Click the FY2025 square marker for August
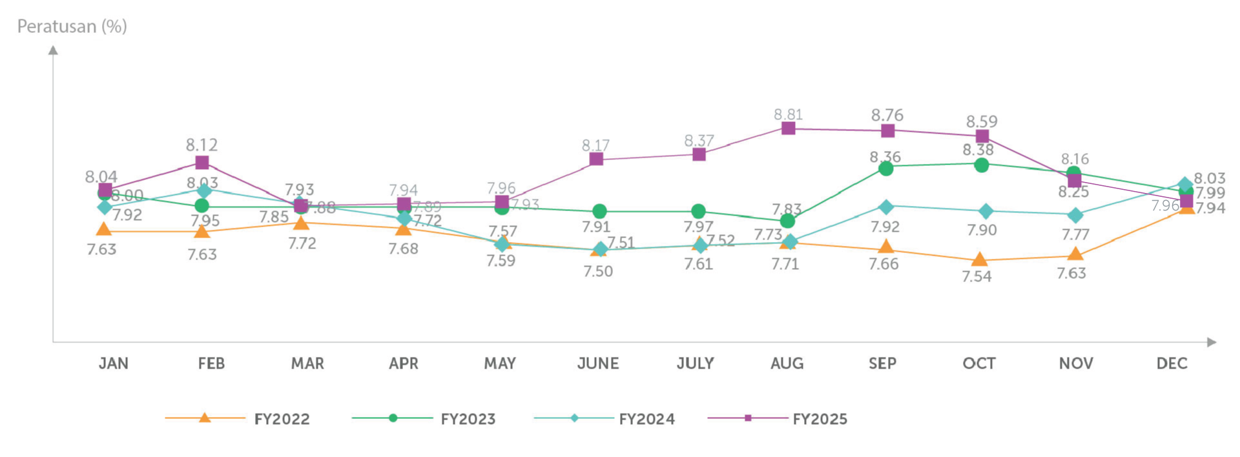click(x=788, y=128)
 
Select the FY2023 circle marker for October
click(x=981, y=165)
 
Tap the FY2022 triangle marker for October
click(x=979, y=259)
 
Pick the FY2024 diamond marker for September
click(x=887, y=207)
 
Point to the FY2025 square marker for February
click(x=202, y=163)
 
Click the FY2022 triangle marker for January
click(x=103, y=229)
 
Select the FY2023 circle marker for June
click(x=599, y=211)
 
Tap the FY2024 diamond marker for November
click(x=1075, y=215)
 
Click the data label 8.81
click(x=788, y=114)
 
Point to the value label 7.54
click(x=976, y=276)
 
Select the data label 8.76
click(x=887, y=115)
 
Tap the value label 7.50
click(x=598, y=271)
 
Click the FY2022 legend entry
click(x=238, y=419)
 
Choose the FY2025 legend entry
click(x=778, y=419)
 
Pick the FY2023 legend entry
click(x=424, y=419)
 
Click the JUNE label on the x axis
click(x=598, y=363)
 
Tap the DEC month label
click(x=1172, y=363)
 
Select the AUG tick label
click(x=787, y=363)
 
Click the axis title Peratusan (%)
click(x=72, y=26)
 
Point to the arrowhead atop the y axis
click(x=54, y=49)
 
